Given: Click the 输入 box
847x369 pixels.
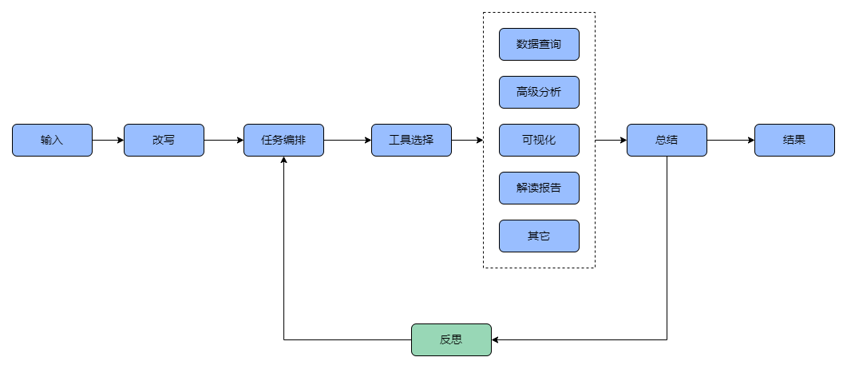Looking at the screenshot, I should (x=52, y=140).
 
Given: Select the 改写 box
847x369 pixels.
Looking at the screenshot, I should (x=164, y=140).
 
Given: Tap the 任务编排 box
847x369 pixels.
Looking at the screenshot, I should (x=283, y=140).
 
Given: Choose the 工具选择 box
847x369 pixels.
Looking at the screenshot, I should (x=411, y=140).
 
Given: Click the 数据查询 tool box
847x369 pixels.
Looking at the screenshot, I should (x=539, y=44).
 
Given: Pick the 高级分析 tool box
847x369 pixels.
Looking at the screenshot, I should (x=539, y=92).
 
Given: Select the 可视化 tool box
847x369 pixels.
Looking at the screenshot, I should (x=539, y=140).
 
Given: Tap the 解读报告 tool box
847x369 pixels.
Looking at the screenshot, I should (x=539, y=188).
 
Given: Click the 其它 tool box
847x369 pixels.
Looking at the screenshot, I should (x=539, y=236).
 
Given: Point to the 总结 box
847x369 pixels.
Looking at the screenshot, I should (x=667, y=140).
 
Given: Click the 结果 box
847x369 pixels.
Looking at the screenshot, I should (x=794, y=140).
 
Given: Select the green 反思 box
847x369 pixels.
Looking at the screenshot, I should (x=451, y=339).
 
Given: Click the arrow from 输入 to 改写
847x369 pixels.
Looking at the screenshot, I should (x=108, y=140).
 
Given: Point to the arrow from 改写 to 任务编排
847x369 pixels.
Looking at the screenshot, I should (x=224, y=140).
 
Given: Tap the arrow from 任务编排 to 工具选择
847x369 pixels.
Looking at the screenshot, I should (x=347, y=140).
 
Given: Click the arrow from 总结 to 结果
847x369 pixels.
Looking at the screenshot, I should (x=730, y=140).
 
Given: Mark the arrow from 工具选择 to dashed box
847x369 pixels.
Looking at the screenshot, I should (x=467, y=140).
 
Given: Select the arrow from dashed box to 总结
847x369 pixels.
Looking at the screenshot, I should (x=611, y=140).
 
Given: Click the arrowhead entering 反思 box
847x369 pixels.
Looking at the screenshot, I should (x=497, y=339).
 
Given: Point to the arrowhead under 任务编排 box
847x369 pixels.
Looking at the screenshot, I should (x=283, y=161).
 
